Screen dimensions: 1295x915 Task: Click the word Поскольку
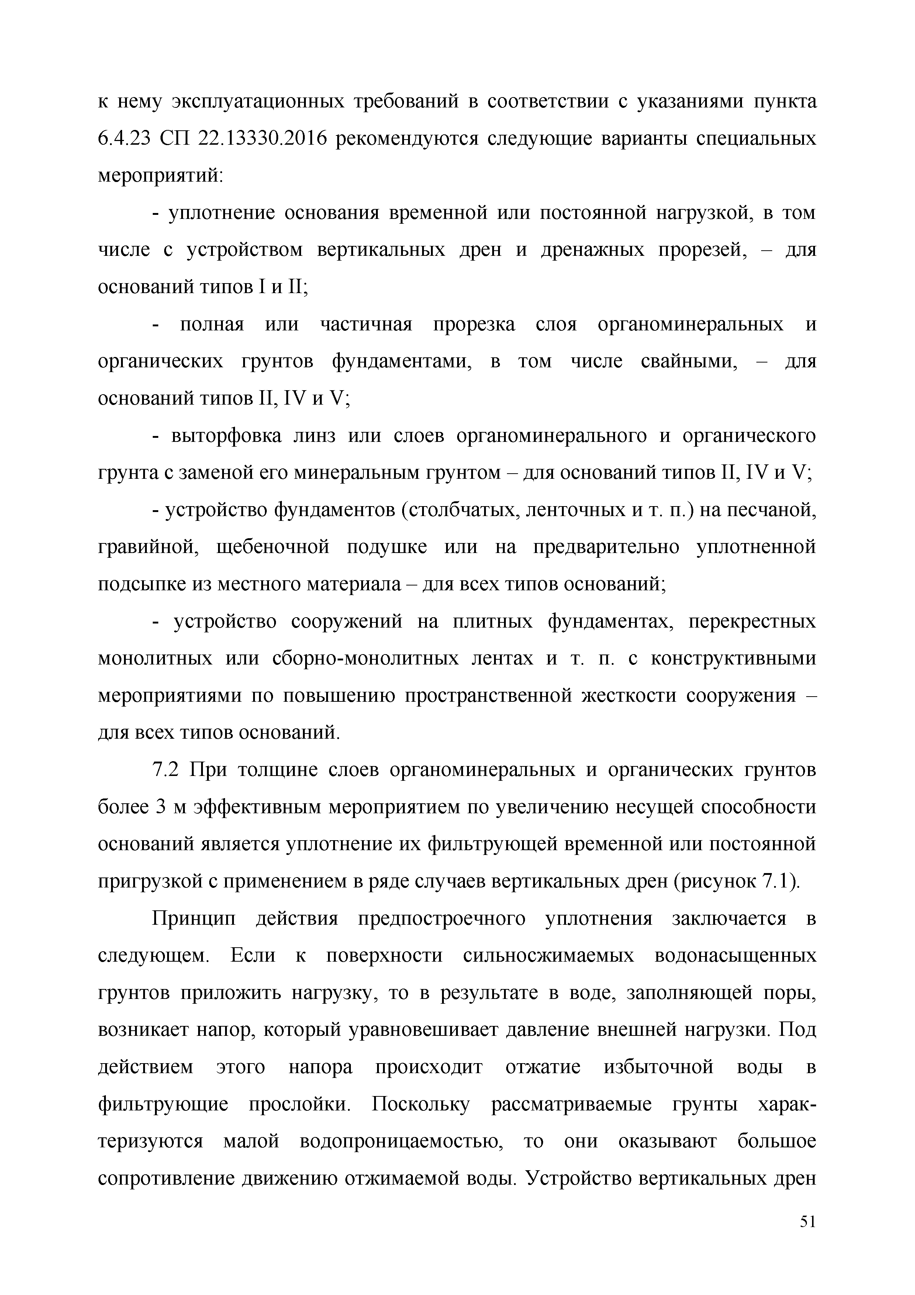421,1105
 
